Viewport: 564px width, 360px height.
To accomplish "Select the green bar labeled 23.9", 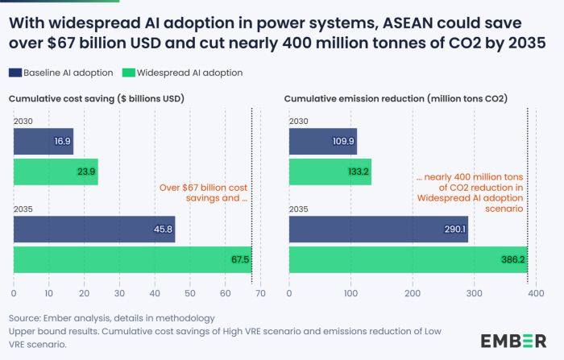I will click(56, 172).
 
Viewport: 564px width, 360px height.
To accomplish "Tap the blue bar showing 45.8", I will click(94, 230).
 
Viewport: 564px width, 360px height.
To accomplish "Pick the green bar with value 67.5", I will click(132, 260).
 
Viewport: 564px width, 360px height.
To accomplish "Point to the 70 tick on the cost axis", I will click(259, 283).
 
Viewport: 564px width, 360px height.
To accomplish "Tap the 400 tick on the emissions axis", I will click(535, 283).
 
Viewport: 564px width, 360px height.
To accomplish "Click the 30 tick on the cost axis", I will click(119, 283).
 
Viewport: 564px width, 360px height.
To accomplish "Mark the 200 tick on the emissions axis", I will click(412, 283).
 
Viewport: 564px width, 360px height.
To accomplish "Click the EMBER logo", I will click(514, 340).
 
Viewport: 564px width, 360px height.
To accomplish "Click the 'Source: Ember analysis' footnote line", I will click(112, 317).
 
